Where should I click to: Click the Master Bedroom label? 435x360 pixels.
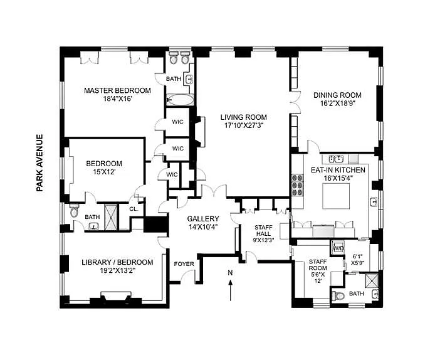pyautogui.click(x=117, y=90)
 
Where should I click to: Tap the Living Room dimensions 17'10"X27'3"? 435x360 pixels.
pyautogui.click(x=244, y=125)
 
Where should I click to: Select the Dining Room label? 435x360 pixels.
pyautogui.click(x=337, y=95)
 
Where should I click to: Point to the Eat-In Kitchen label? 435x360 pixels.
pyautogui.click(x=338, y=170)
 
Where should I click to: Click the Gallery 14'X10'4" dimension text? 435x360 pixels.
pyautogui.click(x=203, y=227)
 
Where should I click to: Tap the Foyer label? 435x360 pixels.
pyautogui.click(x=184, y=264)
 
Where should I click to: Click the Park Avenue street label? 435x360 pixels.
pyautogui.click(x=40, y=163)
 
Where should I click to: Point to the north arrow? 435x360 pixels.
pyautogui.click(x=230, y=290)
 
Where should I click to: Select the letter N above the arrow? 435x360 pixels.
pyautogui.click(x=230, y=273)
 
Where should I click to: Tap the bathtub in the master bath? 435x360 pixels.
pyautogui.click(x=180, y=100)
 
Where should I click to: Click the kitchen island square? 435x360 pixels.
pyautogui.click(x=336, y=196)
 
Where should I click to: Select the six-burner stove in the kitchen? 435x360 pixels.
pyautogui.click(x=297, y=184)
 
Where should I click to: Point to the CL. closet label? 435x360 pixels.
pyautogui.click(x=134, y=209)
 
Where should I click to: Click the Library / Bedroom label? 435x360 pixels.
pyautogui.click(x=117, y=262)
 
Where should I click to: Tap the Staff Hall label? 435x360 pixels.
pyautogui.click(x=263, y=231)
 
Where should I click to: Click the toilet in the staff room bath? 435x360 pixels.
pyautogui.click(x=338, y=296)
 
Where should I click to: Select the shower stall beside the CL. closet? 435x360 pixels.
pyautogui.click(x=112, y=218)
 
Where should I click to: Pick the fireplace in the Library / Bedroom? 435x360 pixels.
pyautogui.click(x=116, y=296)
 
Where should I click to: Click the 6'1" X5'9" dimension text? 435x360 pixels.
pyautogui.click(x=358, y=259)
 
